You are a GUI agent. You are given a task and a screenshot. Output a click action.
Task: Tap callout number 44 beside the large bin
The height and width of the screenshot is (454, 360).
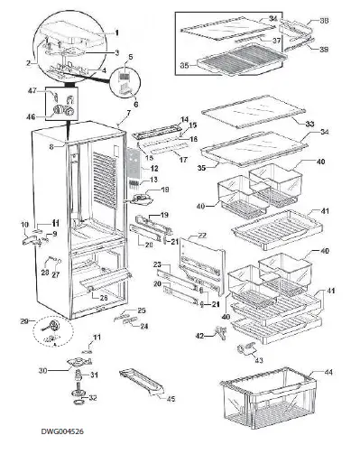(328, 372)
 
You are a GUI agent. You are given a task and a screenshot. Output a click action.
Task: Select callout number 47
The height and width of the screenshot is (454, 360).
(32, 91)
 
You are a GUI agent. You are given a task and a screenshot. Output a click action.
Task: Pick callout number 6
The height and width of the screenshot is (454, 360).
(135, 104)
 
